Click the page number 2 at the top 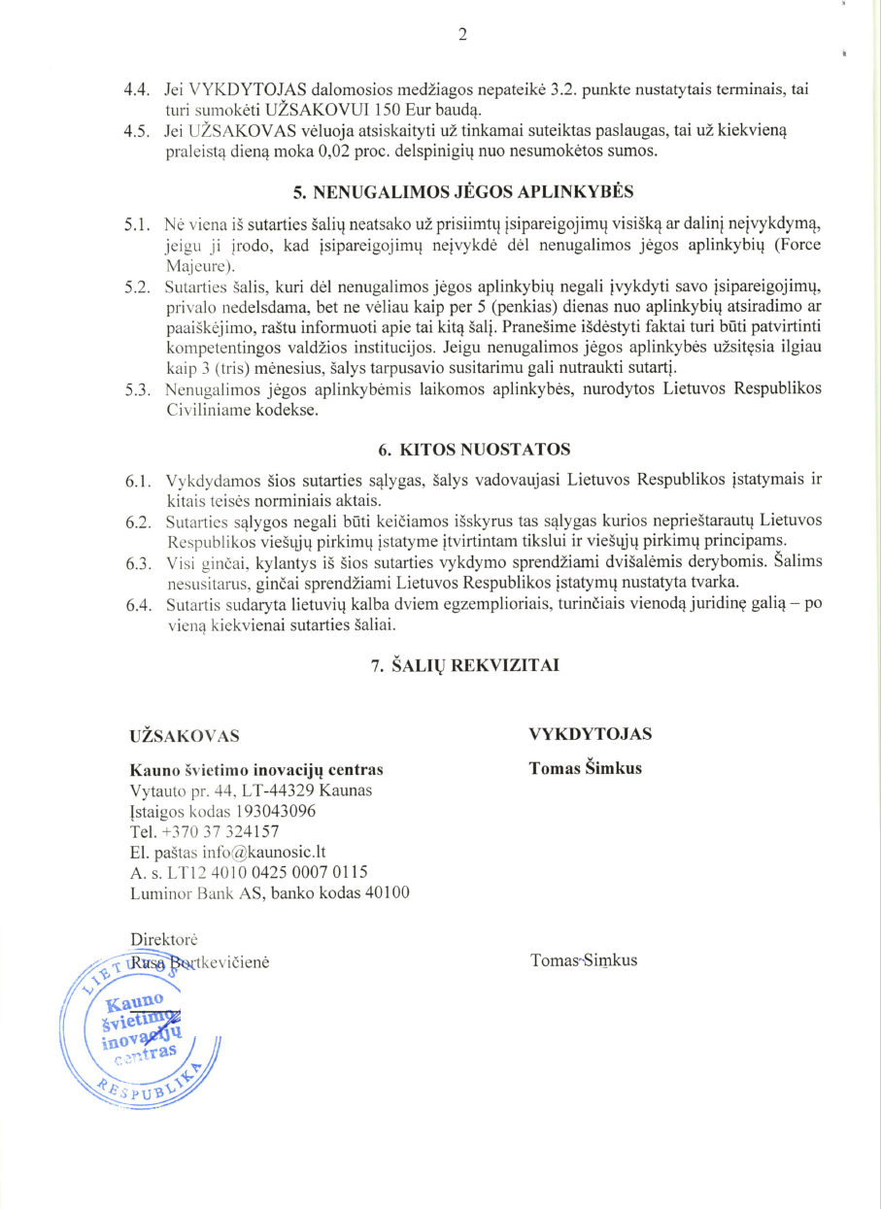tap(462, 36)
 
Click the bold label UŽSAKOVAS tap(185, 735)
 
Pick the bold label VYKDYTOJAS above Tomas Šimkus tap(591, 733)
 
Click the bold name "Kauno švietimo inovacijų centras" tap(256, 770)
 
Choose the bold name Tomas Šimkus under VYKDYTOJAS tap(585, 769)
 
